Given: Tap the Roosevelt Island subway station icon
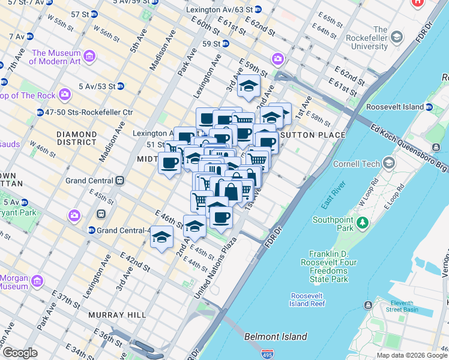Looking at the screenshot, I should pyautogui.click(x=430, y=107).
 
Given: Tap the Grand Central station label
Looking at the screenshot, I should pyautogui.click(x=89, y=181).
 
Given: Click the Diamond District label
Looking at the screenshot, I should pyautogui.click(x=76, y=138).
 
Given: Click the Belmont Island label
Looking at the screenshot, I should pyautogui.click(x=276, y=337).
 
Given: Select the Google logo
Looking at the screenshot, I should pyautogui.click(x=20, y=353).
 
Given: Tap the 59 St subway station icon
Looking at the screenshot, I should pyautogui.click(x=225, y=43).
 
